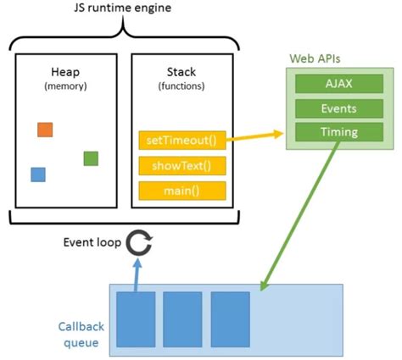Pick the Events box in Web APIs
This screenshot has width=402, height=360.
pos(337,108)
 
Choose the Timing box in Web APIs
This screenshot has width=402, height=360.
pos(337,132)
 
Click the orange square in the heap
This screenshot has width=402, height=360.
pos(46,130)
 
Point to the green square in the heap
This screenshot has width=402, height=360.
pos(91,158)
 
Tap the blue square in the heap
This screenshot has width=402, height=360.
pos(37,174)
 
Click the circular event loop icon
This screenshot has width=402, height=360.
pos(137,244)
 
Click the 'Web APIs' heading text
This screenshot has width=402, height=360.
pos(315,59)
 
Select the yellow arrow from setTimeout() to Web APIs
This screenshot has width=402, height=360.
pos(254,137)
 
